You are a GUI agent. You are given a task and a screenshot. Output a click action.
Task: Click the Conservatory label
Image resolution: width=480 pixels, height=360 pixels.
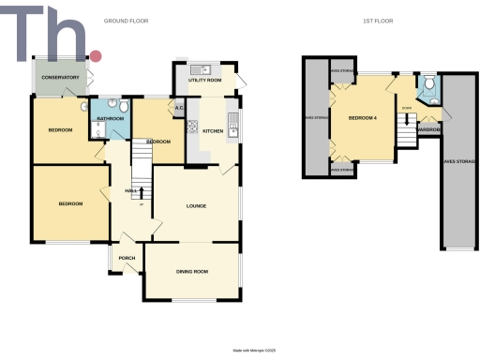[x=59, y=77]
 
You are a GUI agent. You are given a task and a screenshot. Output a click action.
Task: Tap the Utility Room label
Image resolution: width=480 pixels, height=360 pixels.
[x=204, y=81]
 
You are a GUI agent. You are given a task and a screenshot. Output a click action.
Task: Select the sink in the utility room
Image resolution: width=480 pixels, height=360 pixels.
[x=200, y=69]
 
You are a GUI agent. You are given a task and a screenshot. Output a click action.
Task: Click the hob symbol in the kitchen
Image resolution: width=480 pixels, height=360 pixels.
[x=192, y=129]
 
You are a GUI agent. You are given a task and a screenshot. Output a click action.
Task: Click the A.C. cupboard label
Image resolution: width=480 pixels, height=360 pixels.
[x=178, y=110]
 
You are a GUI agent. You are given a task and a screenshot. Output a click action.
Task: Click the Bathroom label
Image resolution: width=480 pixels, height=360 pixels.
[x=111, y=119]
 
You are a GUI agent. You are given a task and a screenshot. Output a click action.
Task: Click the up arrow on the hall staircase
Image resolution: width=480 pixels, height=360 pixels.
[x=142, y=192]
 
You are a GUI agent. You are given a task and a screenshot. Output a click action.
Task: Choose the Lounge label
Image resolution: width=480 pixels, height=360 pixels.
[x=195, y=205]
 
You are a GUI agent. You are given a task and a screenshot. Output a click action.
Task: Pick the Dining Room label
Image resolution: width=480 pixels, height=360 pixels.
[x=191, y=272]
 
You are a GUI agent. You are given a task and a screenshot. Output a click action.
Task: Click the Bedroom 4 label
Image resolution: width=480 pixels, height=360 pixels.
[x=364, y=117]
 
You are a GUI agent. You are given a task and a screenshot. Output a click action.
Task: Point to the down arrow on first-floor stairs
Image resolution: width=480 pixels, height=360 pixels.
[x=406, y=120]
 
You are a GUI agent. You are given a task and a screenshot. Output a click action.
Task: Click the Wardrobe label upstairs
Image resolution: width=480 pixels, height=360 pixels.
[x=429, y=129]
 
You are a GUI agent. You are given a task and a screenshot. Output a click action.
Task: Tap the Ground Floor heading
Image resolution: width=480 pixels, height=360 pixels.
[x=125, y=21]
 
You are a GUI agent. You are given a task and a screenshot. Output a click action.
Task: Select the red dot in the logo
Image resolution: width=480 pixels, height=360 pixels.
[x=95, y=56]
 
